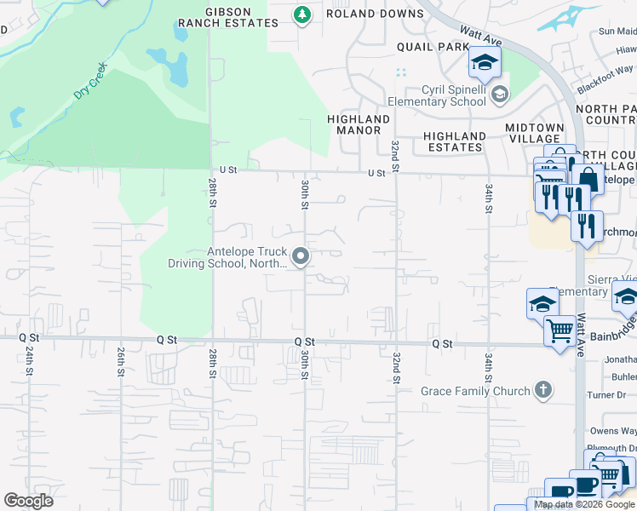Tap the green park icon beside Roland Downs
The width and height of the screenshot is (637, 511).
click(301, 14)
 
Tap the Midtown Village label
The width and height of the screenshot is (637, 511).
click(533, 133)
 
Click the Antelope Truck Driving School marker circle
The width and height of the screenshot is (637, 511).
click(300, 256)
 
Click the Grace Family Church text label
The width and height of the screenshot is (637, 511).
click(475, 391)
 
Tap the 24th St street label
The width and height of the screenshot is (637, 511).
click(28, 361)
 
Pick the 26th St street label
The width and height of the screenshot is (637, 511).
click(120, 361)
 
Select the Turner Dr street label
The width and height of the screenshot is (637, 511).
click(618, 395)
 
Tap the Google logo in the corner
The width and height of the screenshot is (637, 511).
click(28, 501)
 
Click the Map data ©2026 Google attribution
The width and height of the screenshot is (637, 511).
click(584, 504)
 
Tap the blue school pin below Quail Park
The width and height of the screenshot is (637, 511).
click(485, 61)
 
